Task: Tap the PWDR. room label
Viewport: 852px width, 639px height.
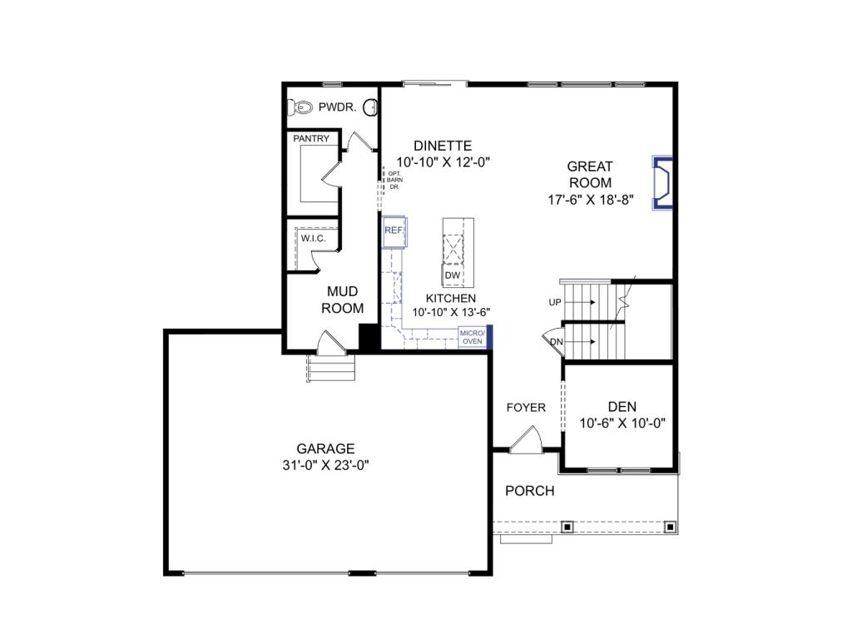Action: (339, 107)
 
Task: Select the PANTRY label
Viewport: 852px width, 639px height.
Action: (310, 139)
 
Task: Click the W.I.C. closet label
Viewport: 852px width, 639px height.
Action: (313, 239)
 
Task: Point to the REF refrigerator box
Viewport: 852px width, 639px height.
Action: (394, 230)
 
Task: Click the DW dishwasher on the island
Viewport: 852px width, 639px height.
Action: (453, 275)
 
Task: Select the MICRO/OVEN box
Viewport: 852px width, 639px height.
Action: (472, 336)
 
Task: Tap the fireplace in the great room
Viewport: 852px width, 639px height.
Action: (662, 181)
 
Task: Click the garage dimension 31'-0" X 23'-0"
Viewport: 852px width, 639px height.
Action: (325, 466)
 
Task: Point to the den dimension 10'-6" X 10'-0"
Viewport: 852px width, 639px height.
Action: (622, 423)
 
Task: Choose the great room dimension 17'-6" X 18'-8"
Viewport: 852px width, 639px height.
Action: (590, 200)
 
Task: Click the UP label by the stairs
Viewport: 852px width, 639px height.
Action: (555, 303)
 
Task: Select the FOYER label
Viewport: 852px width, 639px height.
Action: (527, 408)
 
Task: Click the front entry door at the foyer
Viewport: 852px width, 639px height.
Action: (526, 442)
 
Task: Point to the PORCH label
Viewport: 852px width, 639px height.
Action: (530, 491)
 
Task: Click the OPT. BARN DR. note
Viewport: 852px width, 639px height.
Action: (394, 181)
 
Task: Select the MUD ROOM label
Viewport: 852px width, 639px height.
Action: (342, 300)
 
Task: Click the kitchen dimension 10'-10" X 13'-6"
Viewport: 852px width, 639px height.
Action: (451, 313)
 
